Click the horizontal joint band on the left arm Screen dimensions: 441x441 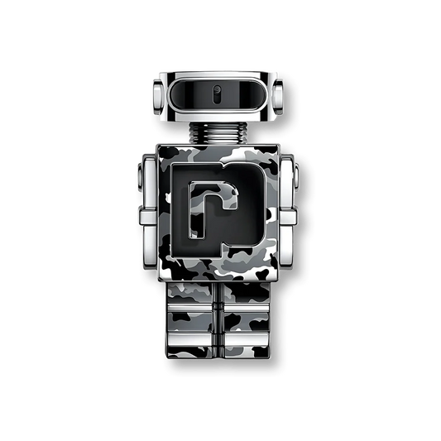coord(147,217)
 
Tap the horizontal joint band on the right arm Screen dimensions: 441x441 coord(293,217)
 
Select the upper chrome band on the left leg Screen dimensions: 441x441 coord(193,317)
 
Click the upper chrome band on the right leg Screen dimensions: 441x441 coord(247,317)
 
